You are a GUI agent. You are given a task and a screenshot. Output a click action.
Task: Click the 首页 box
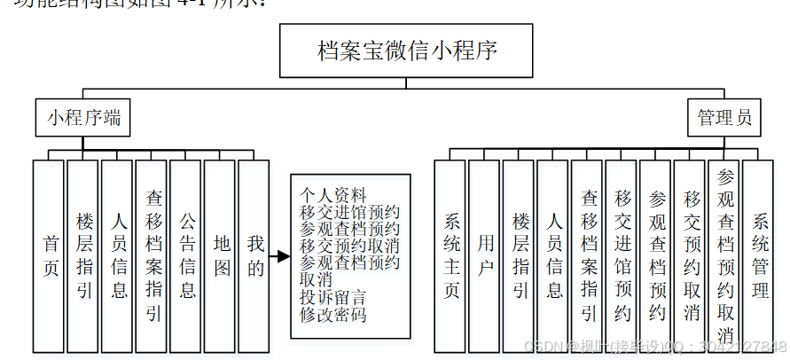[x=51, y=255]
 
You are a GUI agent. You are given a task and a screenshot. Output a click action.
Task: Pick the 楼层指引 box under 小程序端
[x=85, y=255]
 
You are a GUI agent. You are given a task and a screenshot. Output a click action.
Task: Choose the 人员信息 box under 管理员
[x=554, y=255]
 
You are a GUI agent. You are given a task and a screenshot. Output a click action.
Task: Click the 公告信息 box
[x=187, y=255]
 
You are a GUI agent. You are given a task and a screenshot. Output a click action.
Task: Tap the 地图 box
[x=221, y=255]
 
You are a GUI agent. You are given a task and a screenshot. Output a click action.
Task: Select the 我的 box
[x=254, y=255]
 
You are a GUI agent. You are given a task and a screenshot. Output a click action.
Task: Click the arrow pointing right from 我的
[x=279, y=257]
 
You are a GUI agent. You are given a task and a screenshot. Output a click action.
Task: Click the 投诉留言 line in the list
[x=332, y=297]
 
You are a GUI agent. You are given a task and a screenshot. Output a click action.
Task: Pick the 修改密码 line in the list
[x=332, y=314]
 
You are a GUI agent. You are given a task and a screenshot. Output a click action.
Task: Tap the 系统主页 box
[x=451, y=255]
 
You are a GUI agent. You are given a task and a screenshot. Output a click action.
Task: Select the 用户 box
[x=485, y=255]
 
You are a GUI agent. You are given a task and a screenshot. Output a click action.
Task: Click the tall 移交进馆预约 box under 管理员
[x=622, y=255]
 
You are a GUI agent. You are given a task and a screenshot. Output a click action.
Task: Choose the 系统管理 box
[x=759, y=255]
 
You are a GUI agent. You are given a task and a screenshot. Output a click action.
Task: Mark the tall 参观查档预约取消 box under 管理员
[x=725, y=255]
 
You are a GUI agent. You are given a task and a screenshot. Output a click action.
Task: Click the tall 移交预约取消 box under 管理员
[x=691, y=255]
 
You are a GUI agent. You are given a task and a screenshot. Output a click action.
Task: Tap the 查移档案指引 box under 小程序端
[x=153, y=255]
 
